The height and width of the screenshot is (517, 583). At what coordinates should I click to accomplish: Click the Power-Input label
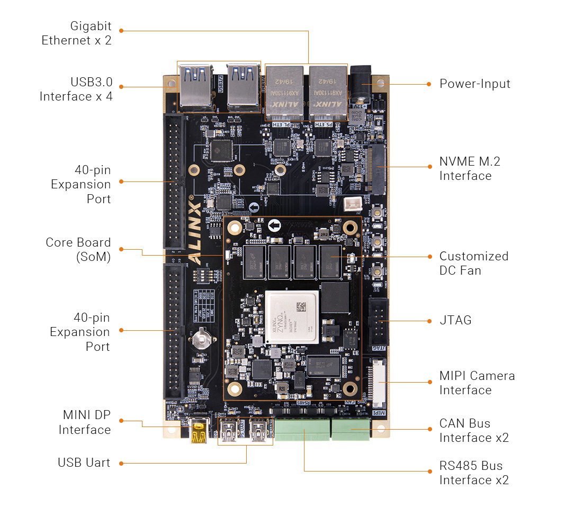coord(474,84)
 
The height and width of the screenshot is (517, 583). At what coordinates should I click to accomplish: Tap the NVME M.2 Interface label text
coord(469,169)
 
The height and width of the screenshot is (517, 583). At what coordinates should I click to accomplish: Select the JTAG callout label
coord(455,320)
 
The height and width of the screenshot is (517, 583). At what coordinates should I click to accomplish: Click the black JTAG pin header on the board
coord(379,321)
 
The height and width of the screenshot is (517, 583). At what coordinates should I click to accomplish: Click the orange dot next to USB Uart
coord(121,463)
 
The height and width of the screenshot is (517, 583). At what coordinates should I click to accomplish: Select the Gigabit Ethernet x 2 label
coord(77,33)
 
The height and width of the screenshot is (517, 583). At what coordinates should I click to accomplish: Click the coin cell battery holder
coord(201,337)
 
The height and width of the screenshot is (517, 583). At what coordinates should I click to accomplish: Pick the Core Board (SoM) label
coord(78,250)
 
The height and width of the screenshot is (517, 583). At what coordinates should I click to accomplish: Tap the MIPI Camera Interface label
coord(477,383)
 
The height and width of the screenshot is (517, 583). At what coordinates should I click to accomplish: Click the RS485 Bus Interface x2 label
coord(473,473)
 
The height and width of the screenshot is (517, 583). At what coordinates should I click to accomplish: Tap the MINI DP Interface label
coord(85,422)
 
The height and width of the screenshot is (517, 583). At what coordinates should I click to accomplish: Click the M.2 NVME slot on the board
coord(378,169)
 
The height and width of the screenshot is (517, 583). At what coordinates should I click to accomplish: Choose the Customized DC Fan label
coord(473,263)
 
